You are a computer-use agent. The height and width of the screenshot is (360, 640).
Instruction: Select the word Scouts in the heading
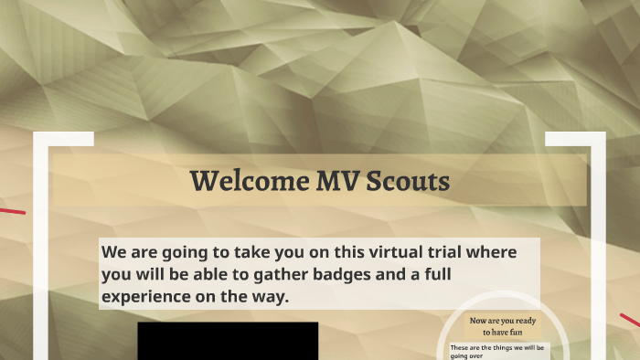[408, 181]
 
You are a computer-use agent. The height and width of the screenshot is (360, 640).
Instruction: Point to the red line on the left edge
[12, 211]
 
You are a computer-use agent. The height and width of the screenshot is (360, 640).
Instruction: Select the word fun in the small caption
[517, 333]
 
